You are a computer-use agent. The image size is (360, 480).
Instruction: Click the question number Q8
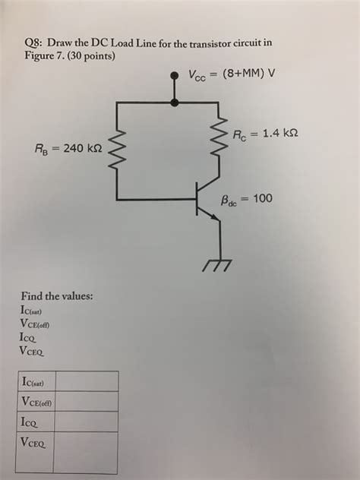click(32, 44)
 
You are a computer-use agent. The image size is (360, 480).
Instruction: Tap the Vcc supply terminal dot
click(176, 74)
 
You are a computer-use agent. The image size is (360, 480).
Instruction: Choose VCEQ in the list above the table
click(39, 352)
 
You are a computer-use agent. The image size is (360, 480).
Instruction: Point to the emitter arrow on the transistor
click(216, 215)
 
